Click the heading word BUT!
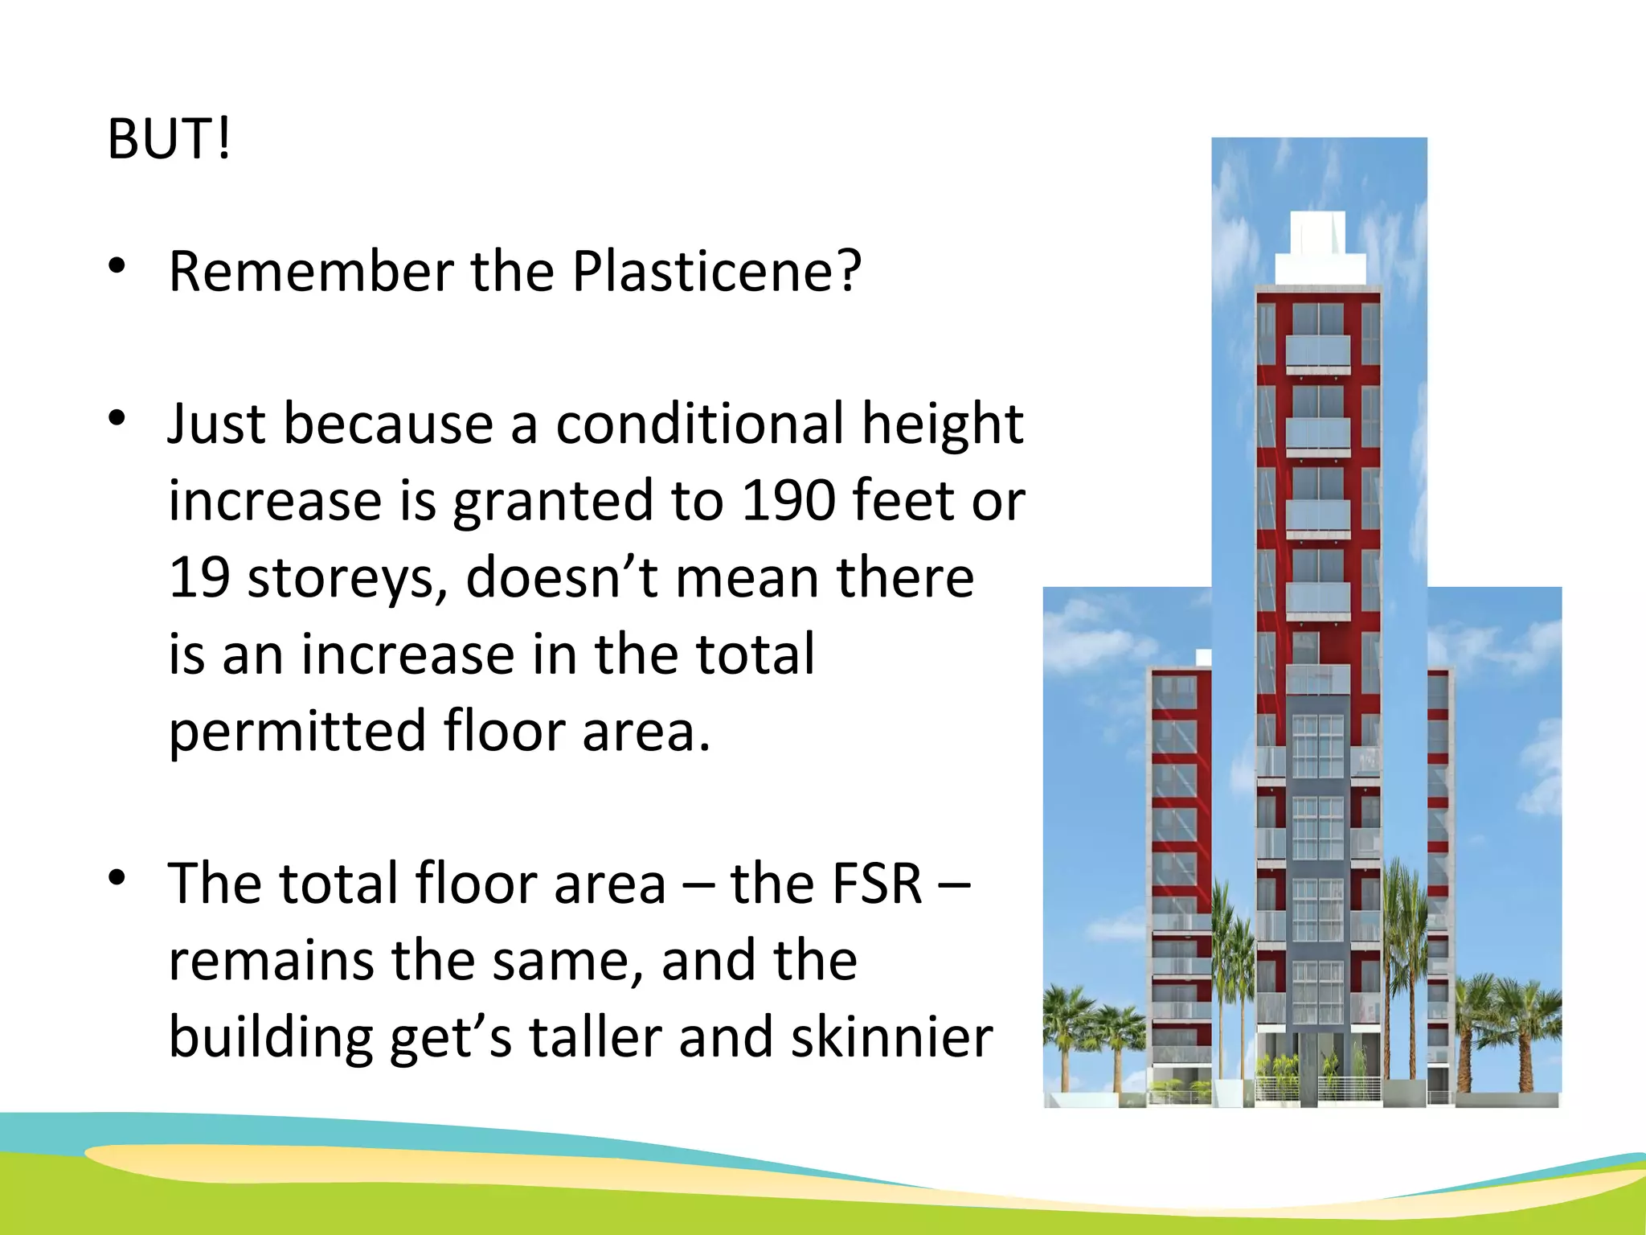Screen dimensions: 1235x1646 (169, 139)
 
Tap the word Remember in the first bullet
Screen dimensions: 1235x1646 (311, 271)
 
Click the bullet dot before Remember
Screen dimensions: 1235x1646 (117, 267)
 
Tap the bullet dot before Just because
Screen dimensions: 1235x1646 (117, 419)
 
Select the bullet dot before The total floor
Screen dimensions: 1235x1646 (117, 879)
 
